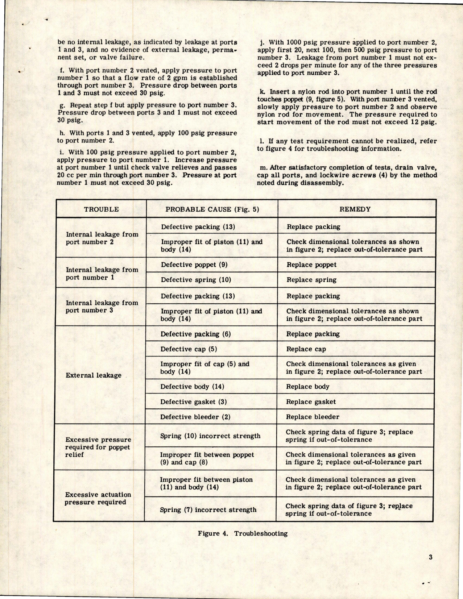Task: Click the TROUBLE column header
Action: pos(101,209)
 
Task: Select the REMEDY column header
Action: pos(355,209)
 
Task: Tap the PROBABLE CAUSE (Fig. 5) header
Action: pos(212,209)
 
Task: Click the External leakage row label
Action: pos(94,375)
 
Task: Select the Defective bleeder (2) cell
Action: pos(195,417)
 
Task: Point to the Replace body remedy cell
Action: pos(307,386)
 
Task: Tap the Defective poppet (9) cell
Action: pos(194,265)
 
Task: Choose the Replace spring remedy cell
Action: pos(311,280)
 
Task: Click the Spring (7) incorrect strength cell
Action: pos(208,509)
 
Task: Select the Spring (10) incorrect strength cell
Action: pos(210,436)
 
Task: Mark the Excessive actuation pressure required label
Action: pos(98,498)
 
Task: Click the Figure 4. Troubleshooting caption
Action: pos(243,533)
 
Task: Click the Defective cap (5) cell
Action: pos(189,349)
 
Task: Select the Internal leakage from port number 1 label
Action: pos(102,274)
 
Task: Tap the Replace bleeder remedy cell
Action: pos(313,417)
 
